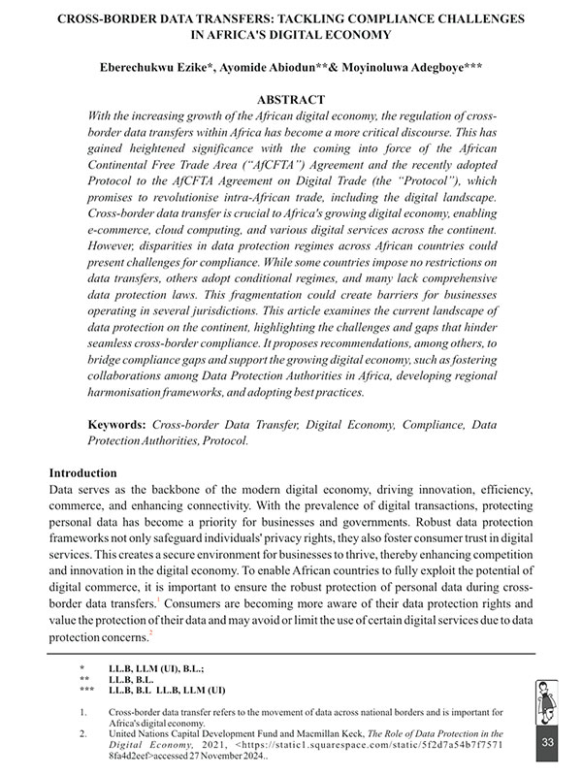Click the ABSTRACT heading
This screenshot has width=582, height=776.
pos(291,100)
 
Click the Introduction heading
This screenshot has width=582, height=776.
pos(89,473)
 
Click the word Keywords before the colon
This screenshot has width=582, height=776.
pos(115,426)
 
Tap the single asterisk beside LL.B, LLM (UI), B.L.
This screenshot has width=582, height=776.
pos(82,669)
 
